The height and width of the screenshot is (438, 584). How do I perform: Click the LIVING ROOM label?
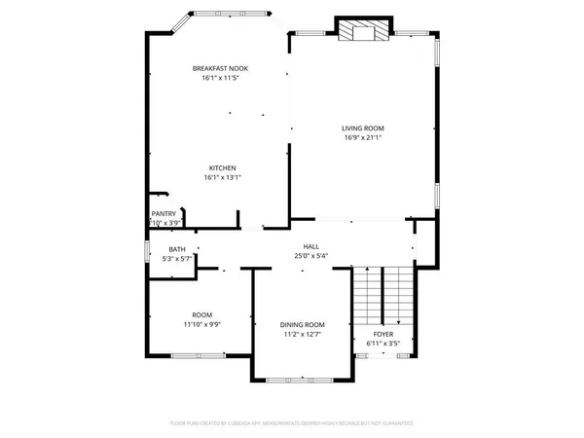click(363, 128)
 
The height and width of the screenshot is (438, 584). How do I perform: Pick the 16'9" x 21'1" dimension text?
click(363, 138)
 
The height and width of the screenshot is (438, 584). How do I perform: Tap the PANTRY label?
click(163, 213)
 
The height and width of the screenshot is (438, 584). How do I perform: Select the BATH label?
click(176, 249)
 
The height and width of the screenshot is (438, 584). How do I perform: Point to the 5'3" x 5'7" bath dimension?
click(176, 260)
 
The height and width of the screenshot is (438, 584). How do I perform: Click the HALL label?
click(310, 246)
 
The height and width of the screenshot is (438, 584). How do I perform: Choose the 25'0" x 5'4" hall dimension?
click(310, 257)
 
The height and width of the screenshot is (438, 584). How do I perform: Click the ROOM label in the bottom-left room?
click(201, 314)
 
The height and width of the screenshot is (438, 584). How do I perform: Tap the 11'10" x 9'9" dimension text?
click(201, 325)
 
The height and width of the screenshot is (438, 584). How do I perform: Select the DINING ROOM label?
click(302, 324)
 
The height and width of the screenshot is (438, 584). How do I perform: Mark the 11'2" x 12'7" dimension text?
click(302, 335)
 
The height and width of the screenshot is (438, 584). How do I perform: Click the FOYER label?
click(383, 333)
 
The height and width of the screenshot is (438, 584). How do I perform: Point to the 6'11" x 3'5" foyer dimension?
click(383, 344)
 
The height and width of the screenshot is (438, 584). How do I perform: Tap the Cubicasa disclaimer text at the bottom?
click(292, 423)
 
